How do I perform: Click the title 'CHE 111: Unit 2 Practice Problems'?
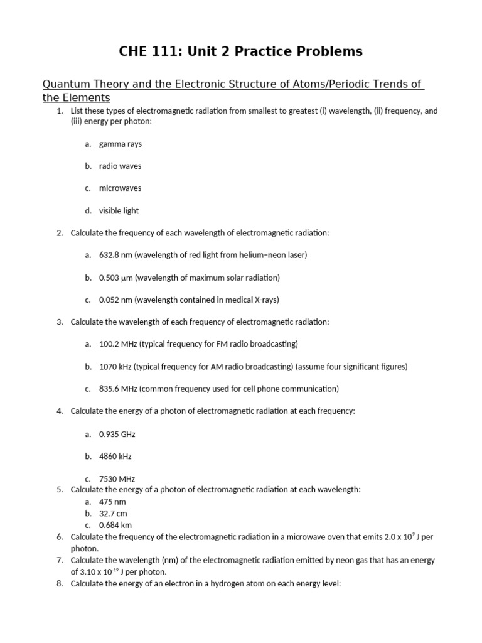[240, 51]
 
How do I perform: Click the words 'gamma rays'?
[120, 144]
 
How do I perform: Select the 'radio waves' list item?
[120, 166]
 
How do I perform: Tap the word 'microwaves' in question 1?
[120, 188]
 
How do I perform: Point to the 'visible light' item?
[119, 211]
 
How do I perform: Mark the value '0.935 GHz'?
[117, 434]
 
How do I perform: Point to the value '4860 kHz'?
[115, 456]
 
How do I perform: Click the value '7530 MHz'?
[117, 478]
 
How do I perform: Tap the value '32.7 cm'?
[112, 513]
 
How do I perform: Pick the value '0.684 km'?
[115, 525]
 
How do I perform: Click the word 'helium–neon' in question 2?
[259, 255]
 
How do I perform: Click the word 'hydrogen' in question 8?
[248, 583]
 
